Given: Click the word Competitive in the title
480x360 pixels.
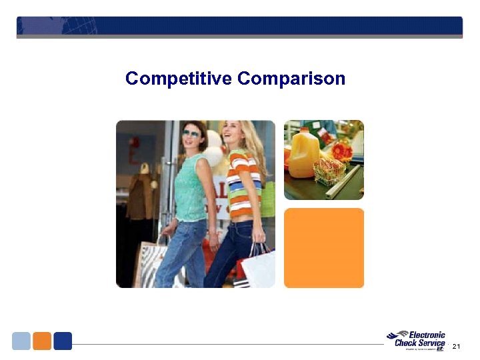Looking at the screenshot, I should coord(179,79).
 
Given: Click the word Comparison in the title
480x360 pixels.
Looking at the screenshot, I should coord(291,79).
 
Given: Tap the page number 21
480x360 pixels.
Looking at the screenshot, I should coord(456,346).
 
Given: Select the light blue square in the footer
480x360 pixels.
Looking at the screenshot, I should coord(21,341).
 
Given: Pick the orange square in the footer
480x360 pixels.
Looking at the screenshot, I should coord(42,341).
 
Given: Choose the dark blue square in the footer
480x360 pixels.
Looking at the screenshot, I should coord(63,341).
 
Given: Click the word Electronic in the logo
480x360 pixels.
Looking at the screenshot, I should coord(427,335).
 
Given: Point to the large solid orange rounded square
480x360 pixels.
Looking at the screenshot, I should coord(324,248).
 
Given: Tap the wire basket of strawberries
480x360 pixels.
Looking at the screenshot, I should coord(329,172).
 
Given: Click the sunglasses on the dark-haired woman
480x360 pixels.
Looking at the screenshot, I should coord(191,133).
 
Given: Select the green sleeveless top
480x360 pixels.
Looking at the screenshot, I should coord(191,187).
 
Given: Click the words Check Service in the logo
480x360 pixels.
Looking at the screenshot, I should coord(420,343).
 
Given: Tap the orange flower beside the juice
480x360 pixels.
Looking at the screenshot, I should coord(341,151).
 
